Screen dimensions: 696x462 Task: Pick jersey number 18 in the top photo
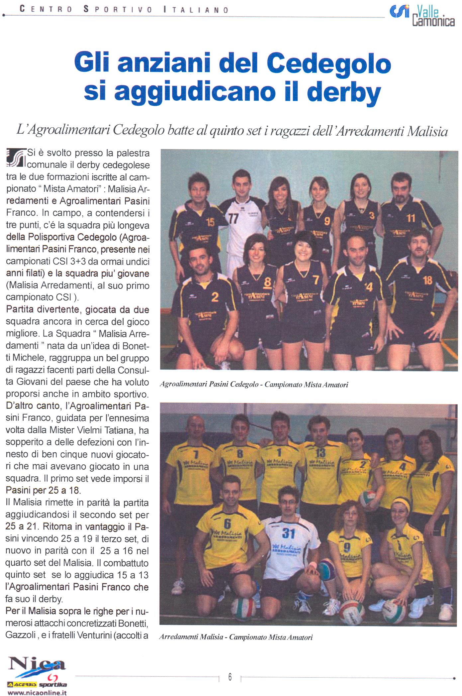(x=427, y=280)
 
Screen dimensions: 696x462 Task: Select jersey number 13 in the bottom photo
(x=321, y=452)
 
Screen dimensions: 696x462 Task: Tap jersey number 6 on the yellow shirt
(x=227, y=523)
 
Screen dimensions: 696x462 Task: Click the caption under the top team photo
(x=254, y=385)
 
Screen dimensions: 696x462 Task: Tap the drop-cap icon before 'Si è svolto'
(x=16, y=157)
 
